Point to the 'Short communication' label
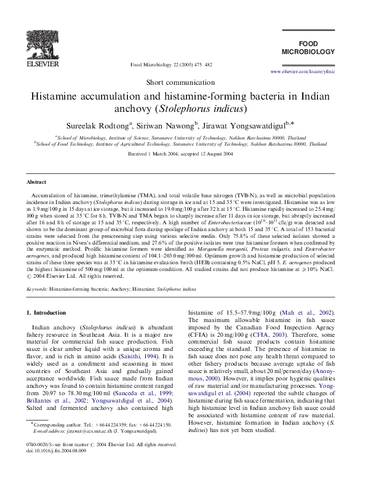tap(183, 83)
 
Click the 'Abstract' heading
tap(36, 183)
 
